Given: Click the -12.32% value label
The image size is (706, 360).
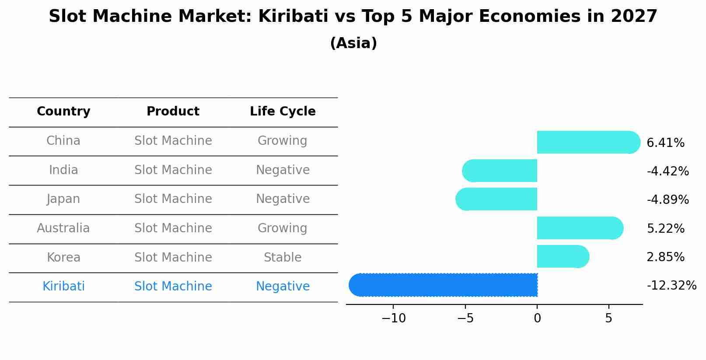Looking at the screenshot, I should [x=671, y=286].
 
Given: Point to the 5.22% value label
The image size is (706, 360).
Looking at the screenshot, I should [x=665, y=228].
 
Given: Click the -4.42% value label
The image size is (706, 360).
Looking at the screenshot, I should [x=668, y=171].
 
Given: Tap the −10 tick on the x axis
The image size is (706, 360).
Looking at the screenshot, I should [x=393, y=318].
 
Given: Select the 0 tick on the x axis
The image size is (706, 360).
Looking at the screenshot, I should [x=537, y=318].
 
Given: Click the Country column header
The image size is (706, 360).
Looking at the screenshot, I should [x=63, y=112].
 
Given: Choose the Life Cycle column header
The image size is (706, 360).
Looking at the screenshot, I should [x=283, y=112].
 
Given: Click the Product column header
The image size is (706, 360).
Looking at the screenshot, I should [x=173, y=112].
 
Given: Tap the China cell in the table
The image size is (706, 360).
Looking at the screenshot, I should [x=63, y=141].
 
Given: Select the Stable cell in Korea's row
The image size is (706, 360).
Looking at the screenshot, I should [x=283, y=258].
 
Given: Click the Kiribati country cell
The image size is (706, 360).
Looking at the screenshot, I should [x=63, y=287].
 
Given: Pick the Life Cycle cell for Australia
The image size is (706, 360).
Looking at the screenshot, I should [x=283, y=228].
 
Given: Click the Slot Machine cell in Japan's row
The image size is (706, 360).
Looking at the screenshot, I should [x=173, y=199].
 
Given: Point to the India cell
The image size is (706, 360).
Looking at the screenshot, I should [x=63, y=170].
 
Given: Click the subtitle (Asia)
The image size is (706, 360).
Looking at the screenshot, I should [x=353, y=43].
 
